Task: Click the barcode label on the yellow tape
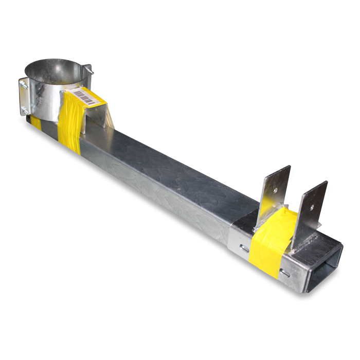point(83,96)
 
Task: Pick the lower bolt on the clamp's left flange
point(24,109)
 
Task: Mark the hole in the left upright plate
point(276,189)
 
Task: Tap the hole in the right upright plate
point(312,206)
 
